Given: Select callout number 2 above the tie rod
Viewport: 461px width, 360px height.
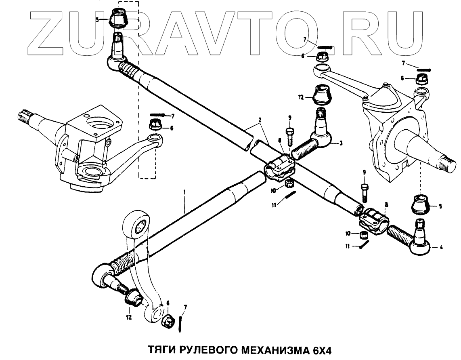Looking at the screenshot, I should coord(260,120).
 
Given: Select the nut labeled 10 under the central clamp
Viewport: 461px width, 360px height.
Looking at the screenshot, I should coord(289,185).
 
